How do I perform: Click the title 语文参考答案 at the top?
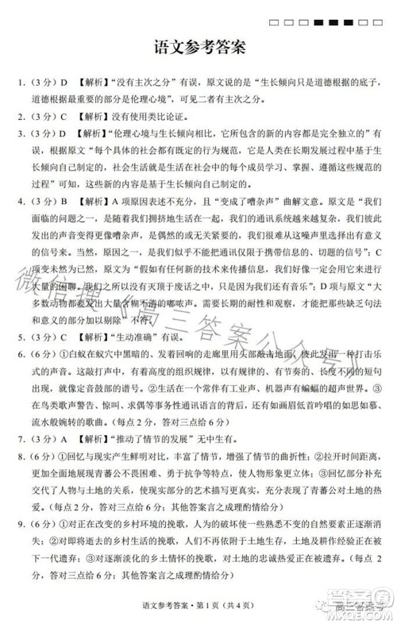(x=198, y=48)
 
